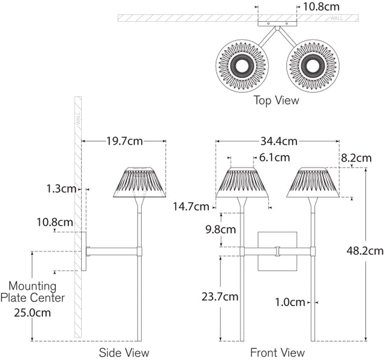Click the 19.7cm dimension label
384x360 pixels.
coord(124,142)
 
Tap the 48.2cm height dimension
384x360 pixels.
coord(365,250)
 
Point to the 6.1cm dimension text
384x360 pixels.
coord(274,157)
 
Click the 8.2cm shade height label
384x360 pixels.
coord(356,158)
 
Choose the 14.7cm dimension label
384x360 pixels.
coord(190,207)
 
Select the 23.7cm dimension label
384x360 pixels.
coord(219,296)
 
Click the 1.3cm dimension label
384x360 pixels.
coord(61,189)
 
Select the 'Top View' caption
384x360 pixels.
coord(276,100)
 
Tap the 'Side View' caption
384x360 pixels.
coord(124,352)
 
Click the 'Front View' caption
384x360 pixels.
coord(277,352)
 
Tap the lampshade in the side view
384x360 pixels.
coord(140,182)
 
